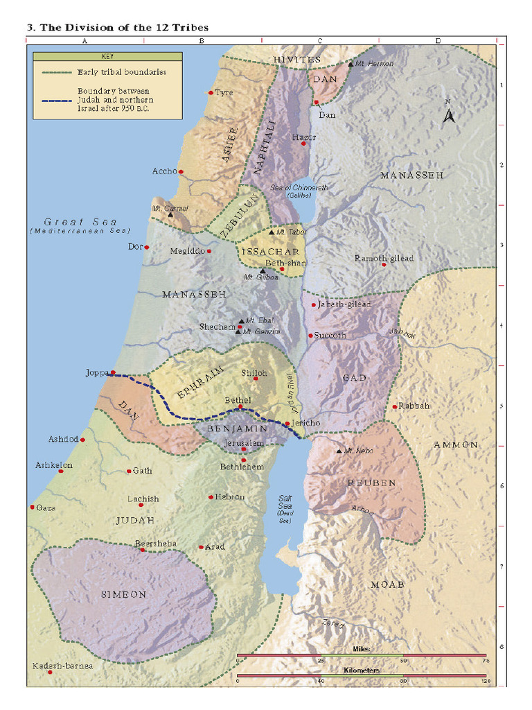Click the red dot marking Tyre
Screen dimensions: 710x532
[x=211, y=92]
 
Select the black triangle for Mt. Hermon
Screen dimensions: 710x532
[x=351, y=64]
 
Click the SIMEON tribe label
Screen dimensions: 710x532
[x=123, y=594]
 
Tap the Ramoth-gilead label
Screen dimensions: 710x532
[x=384, y=258]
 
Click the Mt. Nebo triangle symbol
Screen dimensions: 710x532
[x=339, y=451]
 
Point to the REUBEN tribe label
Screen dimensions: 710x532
[x=371, y=483]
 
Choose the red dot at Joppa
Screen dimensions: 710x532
[x=113, y=372]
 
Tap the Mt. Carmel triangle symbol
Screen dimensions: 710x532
[x=170, y=215]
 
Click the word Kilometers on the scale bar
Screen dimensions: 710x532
[x=361, y=670]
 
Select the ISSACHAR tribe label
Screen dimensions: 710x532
[x=269, y=252]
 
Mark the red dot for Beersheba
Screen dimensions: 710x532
[x=143, y=549]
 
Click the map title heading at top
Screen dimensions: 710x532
[x=118, y=28]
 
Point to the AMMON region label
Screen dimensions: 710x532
[x=455, y=444]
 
